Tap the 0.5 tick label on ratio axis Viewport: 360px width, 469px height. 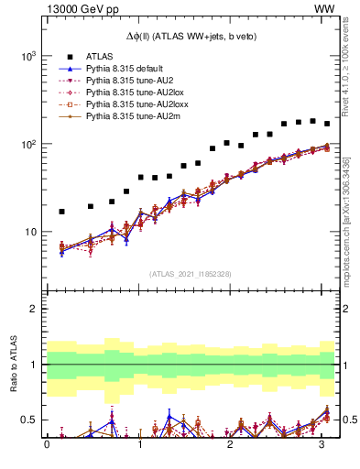point(28,420)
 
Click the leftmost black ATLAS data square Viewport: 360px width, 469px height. point(61,212)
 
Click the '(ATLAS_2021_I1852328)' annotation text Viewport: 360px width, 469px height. point(190,274)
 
